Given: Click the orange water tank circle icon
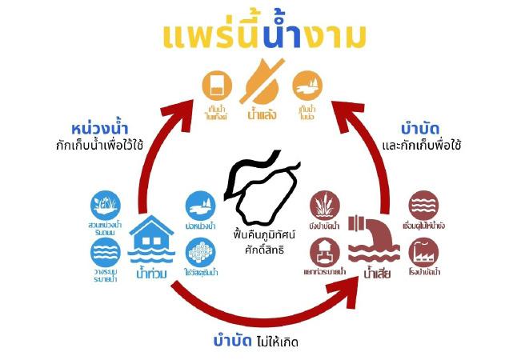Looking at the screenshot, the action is pyautogui.click(x=217, y=84).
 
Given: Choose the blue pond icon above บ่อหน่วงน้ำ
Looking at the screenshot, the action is pyautogui.click(x=199, y=205).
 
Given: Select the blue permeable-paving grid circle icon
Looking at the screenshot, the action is pyautogui.click(x=199, y=253).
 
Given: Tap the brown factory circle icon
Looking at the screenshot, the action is pyautogui.click(x=423, y=253).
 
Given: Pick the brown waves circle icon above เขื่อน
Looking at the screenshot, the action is pyautogui.click(x=423, y=205).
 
